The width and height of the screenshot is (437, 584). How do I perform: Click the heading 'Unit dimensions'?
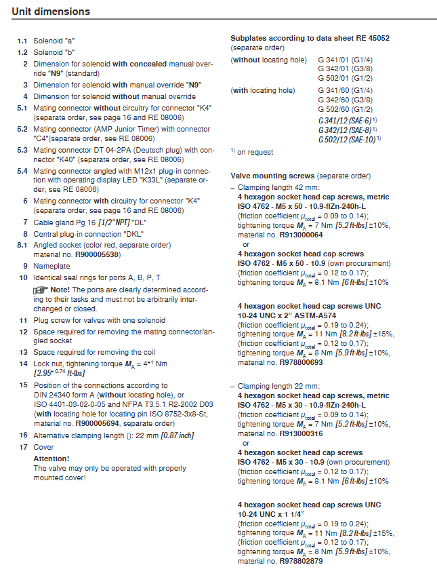click(x=51, y=12)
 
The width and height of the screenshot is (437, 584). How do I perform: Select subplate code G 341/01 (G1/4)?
click(x=345, y=60)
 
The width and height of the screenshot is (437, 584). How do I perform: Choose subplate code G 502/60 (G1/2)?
click(x=345, y=109)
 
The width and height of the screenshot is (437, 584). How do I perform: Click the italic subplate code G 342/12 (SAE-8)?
click(x=347, y=129)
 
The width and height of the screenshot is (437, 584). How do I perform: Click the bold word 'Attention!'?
click(x=51, y=459)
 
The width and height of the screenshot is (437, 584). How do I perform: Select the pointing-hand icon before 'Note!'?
click(x=41, y=289)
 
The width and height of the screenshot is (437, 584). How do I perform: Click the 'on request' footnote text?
click(x=255, y=152)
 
